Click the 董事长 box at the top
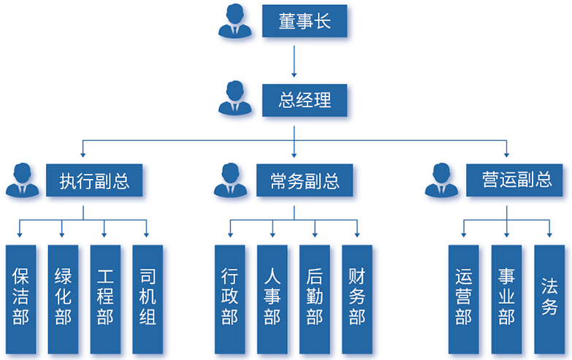click(x=305, y=22)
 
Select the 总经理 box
click(x=305, y=99)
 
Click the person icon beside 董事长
click(x=235, y=22)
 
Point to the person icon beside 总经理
click(x=235, y=99)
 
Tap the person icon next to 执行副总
click(x=23, y=180)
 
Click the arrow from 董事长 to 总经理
click(x=294, y=61)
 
